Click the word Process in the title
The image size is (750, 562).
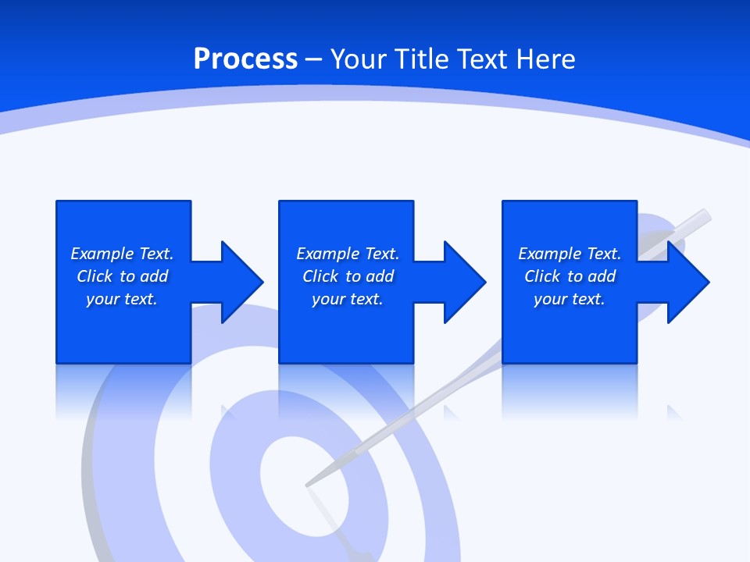[245, 59]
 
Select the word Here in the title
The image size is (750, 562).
[545, 59]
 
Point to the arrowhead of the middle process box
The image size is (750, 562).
[463, 282]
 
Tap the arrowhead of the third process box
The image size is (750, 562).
[687, 282]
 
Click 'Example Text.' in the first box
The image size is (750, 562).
[122, 254]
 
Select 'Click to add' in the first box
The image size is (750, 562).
[122, 276]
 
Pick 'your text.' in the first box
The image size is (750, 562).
[122, 299]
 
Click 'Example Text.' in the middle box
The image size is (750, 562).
[348, 254]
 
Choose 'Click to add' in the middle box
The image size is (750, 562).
[348, 276]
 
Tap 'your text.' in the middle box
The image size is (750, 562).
[348, 299]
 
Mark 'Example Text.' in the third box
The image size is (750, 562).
[570, 254]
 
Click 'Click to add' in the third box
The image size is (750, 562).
[570, 276]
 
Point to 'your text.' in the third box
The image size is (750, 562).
[570, 299]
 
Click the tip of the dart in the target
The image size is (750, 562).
[307, 485]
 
